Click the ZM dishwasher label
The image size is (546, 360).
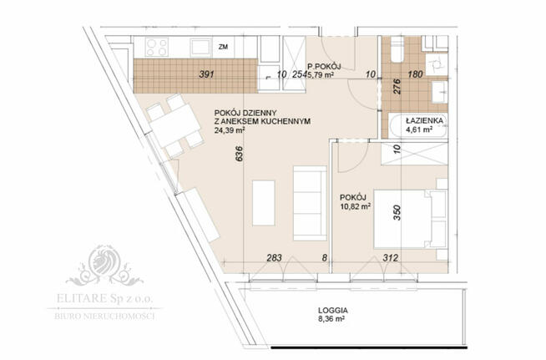click(x=223, y=48)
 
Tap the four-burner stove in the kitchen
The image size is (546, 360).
click(x=157, y=47)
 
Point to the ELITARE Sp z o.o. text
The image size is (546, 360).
click(x=105, y=298)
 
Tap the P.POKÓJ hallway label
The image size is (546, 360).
click(x=321, y=66)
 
